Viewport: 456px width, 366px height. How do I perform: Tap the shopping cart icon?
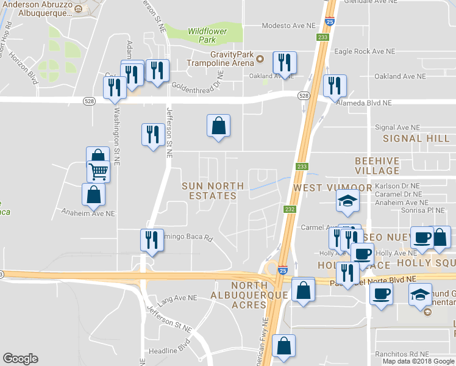(x=98, y=171)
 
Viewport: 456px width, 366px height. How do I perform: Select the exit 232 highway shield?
(x=290, y=209)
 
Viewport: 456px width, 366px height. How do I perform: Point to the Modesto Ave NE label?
(x=289, y=26)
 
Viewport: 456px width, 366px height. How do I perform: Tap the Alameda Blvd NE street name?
(x=365, y=103)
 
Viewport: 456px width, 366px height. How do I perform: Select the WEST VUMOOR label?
(x=324, y=187)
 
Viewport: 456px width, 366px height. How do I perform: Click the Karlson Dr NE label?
(x=397, y=185)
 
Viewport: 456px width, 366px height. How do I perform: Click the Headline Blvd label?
(x=171, y=350)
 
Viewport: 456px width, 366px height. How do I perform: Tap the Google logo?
(x=20, y=359)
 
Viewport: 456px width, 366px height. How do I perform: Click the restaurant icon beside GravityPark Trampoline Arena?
(x=285, y=62)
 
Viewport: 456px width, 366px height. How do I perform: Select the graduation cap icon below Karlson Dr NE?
(x=347, y=202)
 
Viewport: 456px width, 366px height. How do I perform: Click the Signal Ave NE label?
(x=397, y=127)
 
